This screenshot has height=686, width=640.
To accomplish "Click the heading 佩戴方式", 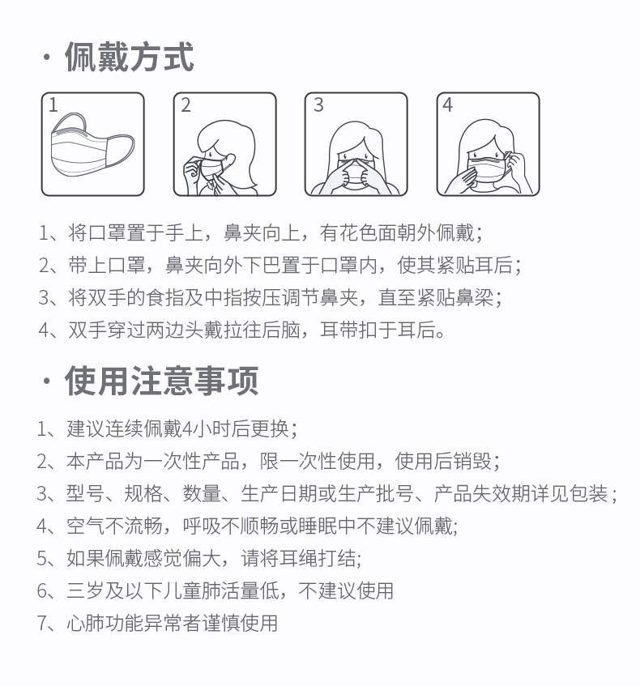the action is coord(130,57).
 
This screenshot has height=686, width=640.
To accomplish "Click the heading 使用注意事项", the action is coord(161,381).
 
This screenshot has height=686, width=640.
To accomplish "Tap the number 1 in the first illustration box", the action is coord(53,105).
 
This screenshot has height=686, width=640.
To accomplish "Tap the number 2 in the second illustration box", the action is coord(186,105).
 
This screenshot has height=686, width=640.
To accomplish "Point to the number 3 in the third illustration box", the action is coord(318,105).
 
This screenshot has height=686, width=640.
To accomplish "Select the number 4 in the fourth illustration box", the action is coord(447,105).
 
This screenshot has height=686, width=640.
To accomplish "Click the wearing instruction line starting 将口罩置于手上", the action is coord(261,232).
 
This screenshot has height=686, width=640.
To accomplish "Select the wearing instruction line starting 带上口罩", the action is coord(280,265).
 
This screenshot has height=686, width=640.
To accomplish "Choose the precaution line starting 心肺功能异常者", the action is coord(158,623).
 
